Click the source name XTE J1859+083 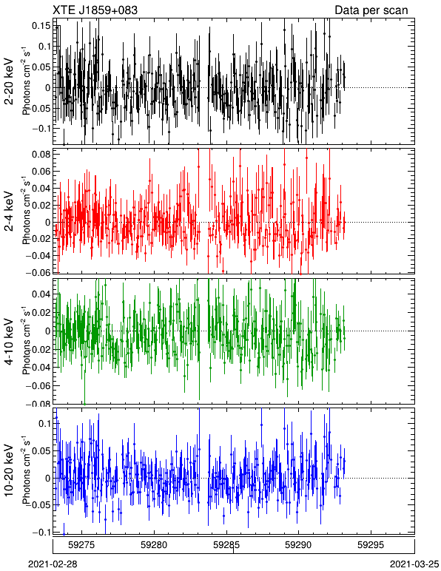pos(95,10)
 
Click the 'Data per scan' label pos(371,10)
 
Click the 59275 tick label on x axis pos(82,545)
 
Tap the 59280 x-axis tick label pos(154,545)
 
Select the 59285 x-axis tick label pos(226,545)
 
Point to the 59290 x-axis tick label pos(299,545)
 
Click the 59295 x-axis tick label pos(371,545)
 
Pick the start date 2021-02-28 pos(53,564)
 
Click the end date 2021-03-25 pos(414,564)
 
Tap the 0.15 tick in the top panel pos(42,26)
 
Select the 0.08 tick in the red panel pos(42,155)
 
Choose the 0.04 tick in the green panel pos(42,294)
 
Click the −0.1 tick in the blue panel pos(41,533)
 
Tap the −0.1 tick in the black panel pos(41,129)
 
